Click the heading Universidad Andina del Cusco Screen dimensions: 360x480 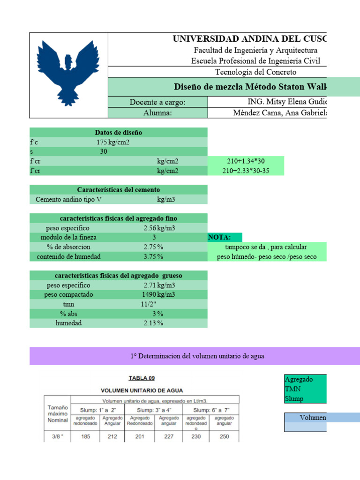point(250,39)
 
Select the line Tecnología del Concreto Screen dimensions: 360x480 point(255,72)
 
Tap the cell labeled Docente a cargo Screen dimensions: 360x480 point(157,103)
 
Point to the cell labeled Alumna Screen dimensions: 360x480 point(157,113)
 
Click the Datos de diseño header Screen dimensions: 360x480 point(118,133)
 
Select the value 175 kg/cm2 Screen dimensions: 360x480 point(113,142)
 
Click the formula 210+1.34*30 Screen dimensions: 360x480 point(246,161)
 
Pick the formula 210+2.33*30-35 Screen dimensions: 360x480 point(246,171)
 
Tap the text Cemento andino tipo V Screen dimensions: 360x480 point(68,200)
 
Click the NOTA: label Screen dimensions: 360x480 point(219,238)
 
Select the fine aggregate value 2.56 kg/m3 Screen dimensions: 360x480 point(159,228)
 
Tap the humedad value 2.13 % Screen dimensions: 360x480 point(153,323)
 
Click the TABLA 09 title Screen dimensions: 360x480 point(142,378)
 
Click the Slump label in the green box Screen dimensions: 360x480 point(294,399)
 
